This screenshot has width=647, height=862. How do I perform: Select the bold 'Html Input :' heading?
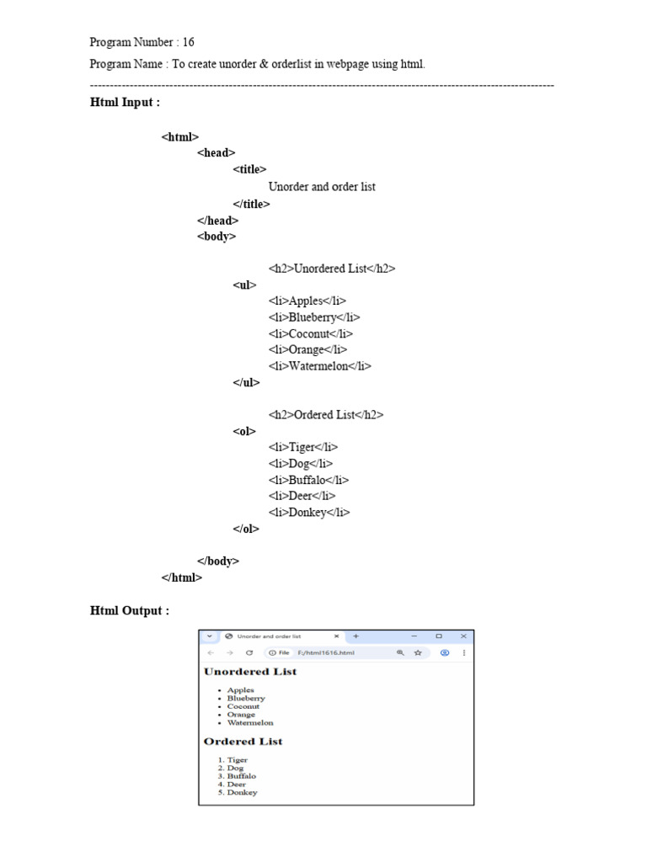[125, 103]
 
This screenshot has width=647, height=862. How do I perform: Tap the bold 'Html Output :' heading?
[130, 611]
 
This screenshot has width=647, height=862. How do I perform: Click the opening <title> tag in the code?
[250, 169]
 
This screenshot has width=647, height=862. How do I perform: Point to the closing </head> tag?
[217, 221]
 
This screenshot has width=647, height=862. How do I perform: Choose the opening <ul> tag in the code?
[244, 285]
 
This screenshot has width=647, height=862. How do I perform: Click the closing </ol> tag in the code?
[246, 529]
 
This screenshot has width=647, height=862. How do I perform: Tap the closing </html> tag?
[182, 577]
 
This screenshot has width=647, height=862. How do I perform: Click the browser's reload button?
[249, 652]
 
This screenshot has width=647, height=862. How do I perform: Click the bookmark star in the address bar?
[417, 652]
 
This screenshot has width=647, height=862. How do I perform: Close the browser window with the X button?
[463, 636]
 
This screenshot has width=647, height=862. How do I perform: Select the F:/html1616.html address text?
[326, 652]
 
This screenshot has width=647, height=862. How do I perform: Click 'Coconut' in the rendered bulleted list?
[243, 706]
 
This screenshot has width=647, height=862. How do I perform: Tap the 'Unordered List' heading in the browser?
[250, 672]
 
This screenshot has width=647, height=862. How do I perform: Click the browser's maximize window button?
[439, 636]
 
